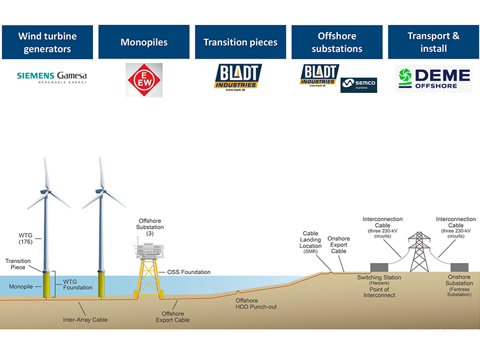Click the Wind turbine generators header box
point(47,42)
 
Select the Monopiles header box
point(144,42)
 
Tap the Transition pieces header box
point(240,42)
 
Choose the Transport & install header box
point(433,42)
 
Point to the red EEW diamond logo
point(144,80)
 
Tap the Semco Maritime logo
point(359,85)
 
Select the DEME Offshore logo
point(434,79)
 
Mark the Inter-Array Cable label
point(85,319)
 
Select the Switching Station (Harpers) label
point(379,280)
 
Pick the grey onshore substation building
point(458,268)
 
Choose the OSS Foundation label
point(189,272)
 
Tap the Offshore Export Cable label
point(173,317)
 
